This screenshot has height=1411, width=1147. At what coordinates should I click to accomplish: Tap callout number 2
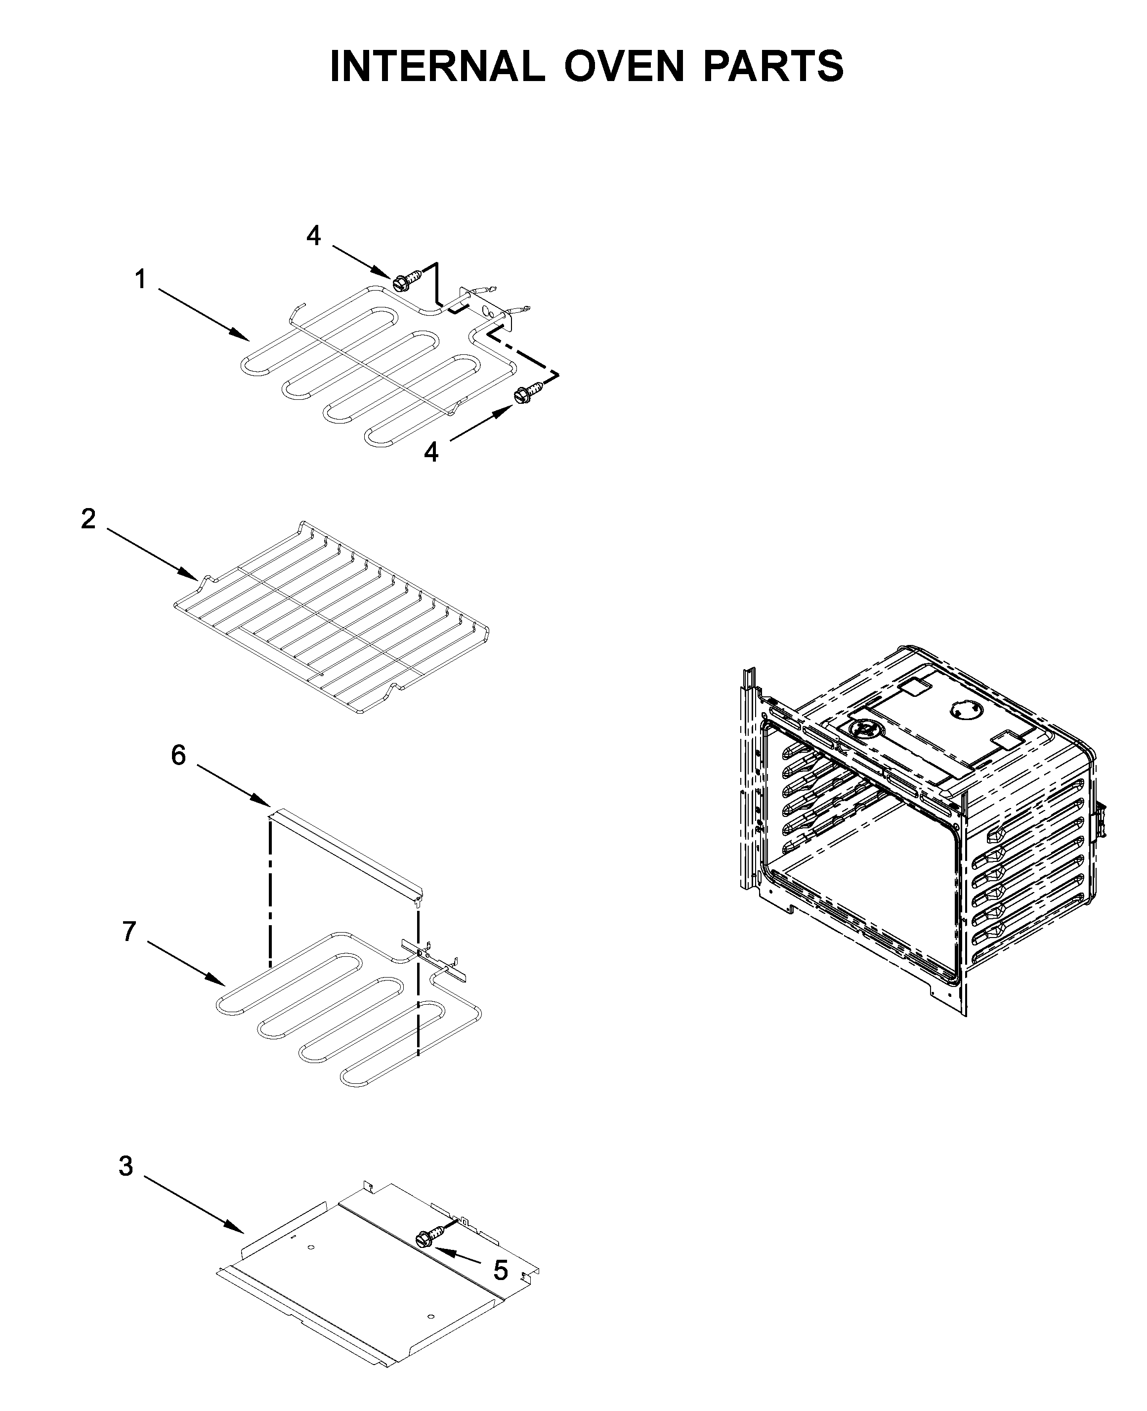[88, 519]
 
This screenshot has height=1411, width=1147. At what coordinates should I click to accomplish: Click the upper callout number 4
[313, 236]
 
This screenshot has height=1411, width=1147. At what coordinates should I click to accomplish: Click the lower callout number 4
[431, 453]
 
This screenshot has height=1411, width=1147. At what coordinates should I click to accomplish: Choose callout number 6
[178, 755]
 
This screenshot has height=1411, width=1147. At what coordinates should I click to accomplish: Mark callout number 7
[129, 932]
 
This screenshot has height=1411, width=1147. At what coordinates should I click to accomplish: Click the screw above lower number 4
[526, 394]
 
